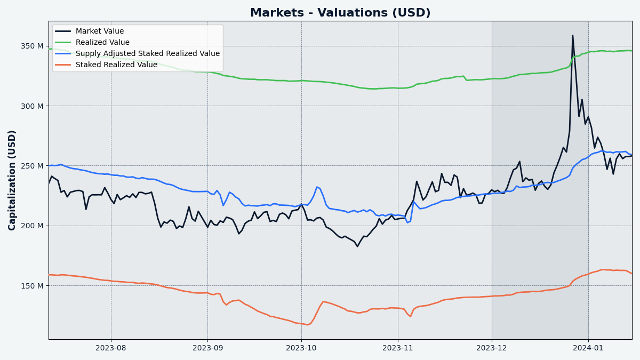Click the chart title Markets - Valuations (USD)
tap(340, 13)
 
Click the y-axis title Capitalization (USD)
tap(12, 180)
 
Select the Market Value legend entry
tap(99, 31)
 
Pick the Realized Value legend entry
tap(102, 43)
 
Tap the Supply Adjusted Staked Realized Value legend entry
tap(147, 54)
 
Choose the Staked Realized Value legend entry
tap(116, 65)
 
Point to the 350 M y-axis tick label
tap(33, 46)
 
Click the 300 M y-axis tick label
tap(33, 106)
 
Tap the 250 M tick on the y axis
tap(33, 166)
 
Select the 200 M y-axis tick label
tap(33, 226)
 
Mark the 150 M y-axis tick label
tap(33, 286)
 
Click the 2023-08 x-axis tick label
tap(111, 348)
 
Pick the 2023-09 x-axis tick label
tap(207, 348)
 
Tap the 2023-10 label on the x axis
tap(301, 348)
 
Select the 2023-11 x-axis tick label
tap(398, 348)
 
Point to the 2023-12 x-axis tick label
tap(492, 348)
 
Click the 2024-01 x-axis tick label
tap(588, 348)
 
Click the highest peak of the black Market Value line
tap(573, 36)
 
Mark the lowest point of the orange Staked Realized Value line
tap(307, 325)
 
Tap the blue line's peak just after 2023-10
tap(317, 187)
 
